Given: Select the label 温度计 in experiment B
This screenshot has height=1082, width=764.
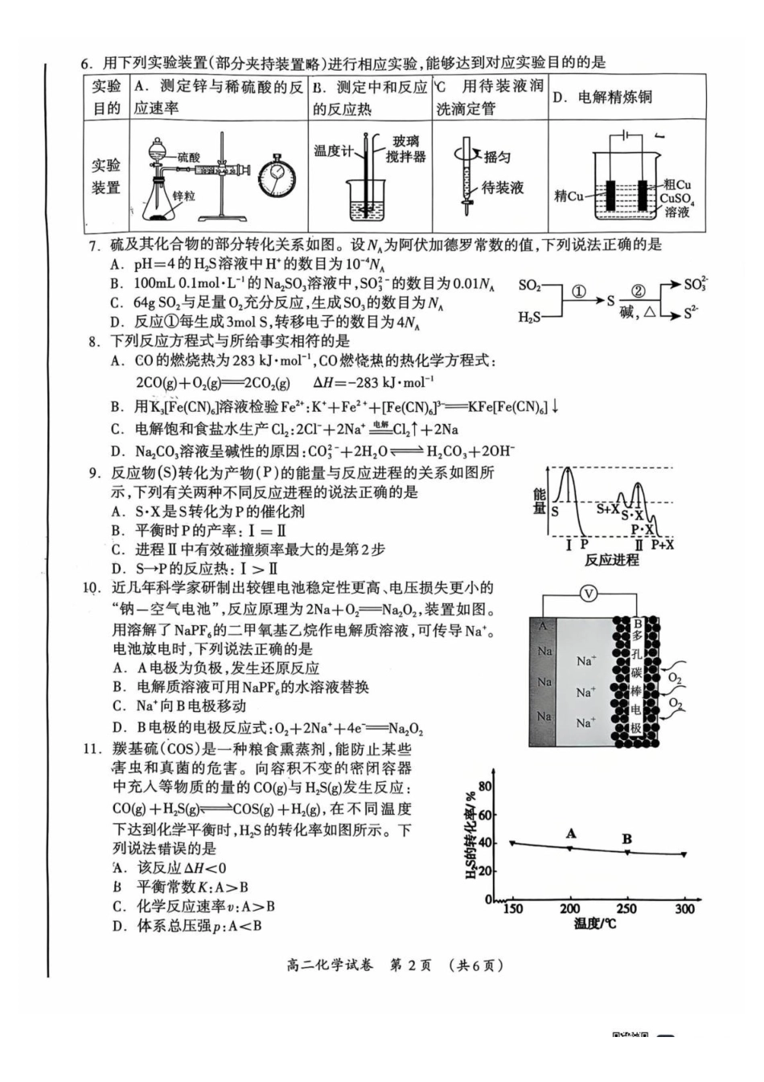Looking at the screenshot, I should (332, 150).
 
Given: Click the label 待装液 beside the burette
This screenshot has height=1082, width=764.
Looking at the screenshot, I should (503, 188).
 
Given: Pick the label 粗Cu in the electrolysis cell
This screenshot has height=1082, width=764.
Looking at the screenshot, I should (677, 185).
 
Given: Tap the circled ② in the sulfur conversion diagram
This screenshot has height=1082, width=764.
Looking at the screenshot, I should (638, 292).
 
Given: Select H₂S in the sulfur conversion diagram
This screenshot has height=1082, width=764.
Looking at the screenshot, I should (529, 318).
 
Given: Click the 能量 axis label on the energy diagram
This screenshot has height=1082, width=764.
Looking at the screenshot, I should (540, 500).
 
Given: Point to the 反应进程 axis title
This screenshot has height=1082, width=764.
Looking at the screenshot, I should (611, 560).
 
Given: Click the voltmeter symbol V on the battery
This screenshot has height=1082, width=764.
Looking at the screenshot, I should (589, 594).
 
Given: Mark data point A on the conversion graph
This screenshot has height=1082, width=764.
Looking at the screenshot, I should (570, 848).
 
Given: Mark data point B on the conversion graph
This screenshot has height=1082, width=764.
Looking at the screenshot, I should (627, 852).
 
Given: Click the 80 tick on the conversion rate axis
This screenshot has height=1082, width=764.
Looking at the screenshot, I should (484, 786).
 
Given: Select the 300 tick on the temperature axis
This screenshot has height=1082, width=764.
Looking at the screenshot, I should (684, 909).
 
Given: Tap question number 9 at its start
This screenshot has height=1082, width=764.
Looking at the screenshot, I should (94, 472).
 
